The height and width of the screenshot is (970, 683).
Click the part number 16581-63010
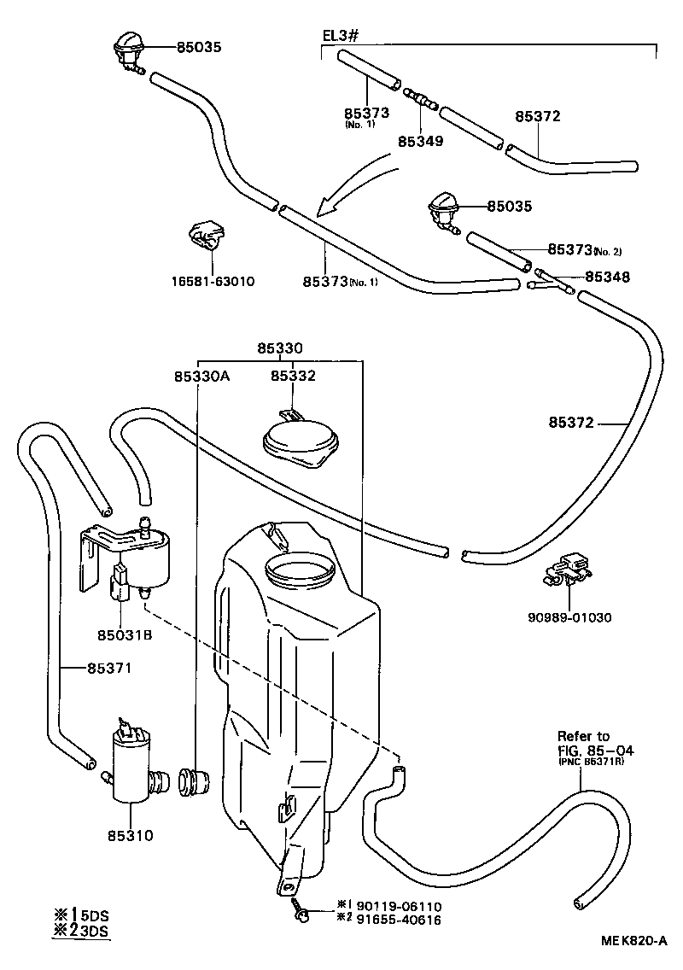[x=213, y=280]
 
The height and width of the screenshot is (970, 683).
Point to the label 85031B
[x=125, y=634]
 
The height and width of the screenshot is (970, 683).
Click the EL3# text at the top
[x=339, y=35]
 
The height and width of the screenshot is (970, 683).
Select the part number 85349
[x=420, y=141]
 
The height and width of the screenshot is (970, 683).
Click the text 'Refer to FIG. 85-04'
[x=590, y=744]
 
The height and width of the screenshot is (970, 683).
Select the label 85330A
[x=201, y=376]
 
